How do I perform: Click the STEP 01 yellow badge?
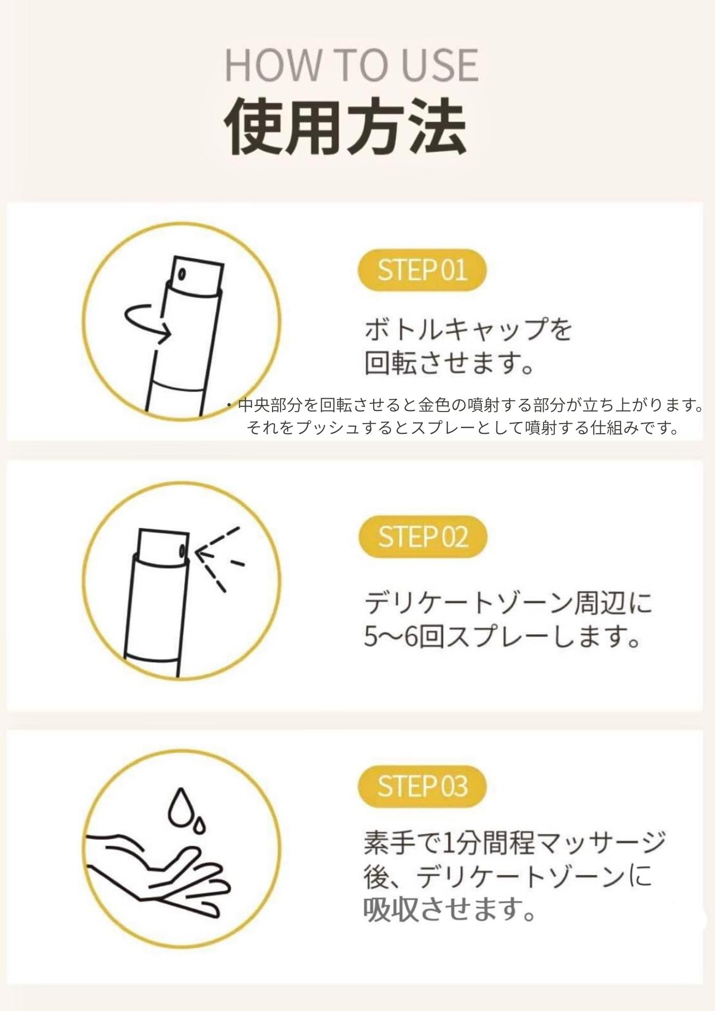tap(422, 270)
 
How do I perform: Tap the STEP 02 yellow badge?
tap(422, 537)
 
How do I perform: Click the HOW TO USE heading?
tap(351, 65)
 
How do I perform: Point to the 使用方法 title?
tap(345, 126)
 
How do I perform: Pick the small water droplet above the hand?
tap(201, 824)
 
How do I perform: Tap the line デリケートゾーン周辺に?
tap(508, 603)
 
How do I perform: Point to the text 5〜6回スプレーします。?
tap(503, 637)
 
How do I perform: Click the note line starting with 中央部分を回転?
tap(465, 405)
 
